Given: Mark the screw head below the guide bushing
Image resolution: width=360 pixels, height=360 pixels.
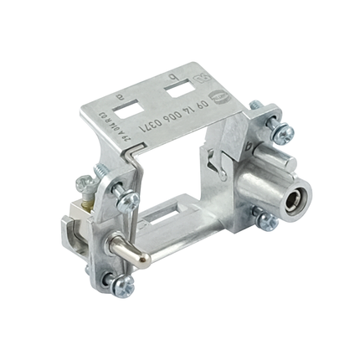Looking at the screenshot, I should click(x=266, y=220).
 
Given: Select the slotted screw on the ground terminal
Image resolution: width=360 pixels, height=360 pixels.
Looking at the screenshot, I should click(x=82, y=185).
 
